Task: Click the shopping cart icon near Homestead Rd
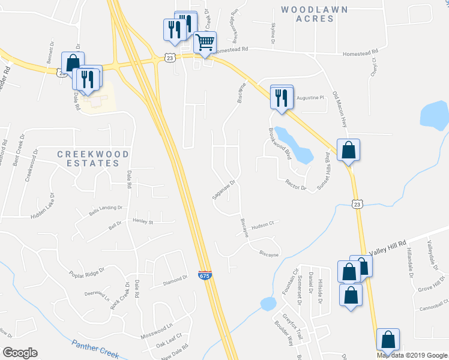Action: click(205, 43)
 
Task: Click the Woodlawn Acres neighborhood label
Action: click(307, 14)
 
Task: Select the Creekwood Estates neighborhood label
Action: click(93, 158)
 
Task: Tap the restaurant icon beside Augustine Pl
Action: click(282, 97)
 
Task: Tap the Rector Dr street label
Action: click(296, 185)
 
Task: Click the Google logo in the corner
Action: click(20, 353)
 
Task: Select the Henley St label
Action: click(143, 221)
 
